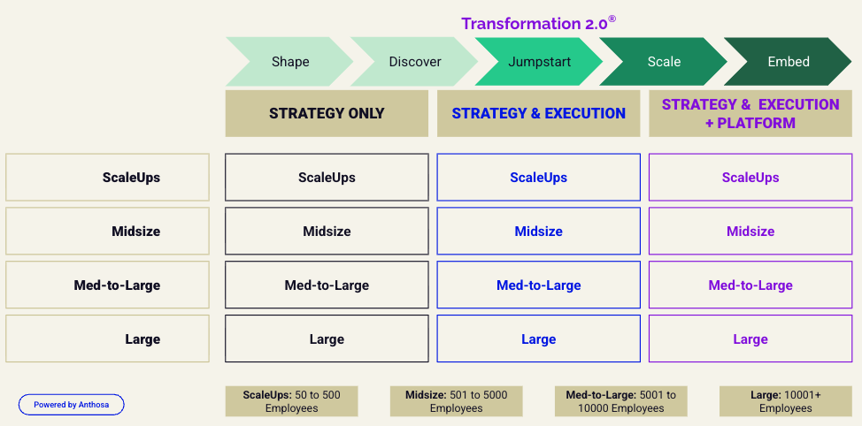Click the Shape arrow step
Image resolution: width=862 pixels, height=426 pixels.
(289, 62)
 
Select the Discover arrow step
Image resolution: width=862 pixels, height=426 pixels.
(414, 62)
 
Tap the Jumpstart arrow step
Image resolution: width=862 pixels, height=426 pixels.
(539, 62)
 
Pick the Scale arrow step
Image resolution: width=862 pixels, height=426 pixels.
(664, 62)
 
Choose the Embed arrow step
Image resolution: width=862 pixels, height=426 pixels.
(788, 62)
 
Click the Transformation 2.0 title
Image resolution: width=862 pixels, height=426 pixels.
(538, 23)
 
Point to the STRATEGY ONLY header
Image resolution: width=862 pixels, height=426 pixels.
(327, 114)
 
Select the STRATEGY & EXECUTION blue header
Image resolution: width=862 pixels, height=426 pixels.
(539, 114)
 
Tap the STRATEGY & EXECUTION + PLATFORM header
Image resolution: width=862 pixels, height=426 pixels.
(750, 114)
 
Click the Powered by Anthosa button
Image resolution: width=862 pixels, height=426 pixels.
(72, 405)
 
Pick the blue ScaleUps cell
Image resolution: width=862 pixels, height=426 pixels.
(539, 178)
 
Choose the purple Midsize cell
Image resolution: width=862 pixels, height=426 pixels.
(750, 231)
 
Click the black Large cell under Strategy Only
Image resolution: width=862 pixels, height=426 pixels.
(327, 339)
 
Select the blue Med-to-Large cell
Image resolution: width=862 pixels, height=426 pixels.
(539, 285)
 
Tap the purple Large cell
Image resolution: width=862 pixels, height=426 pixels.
(750, 339)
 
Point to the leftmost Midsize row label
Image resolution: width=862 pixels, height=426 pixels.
(107, 231)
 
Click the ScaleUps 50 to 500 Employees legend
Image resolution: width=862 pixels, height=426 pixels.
(291, 401)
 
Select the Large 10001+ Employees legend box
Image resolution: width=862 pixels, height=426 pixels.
(786, 401)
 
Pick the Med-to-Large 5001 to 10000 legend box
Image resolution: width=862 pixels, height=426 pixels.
(620, 401)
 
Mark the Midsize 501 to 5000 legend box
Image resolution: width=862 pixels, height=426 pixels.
(457, 401)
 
